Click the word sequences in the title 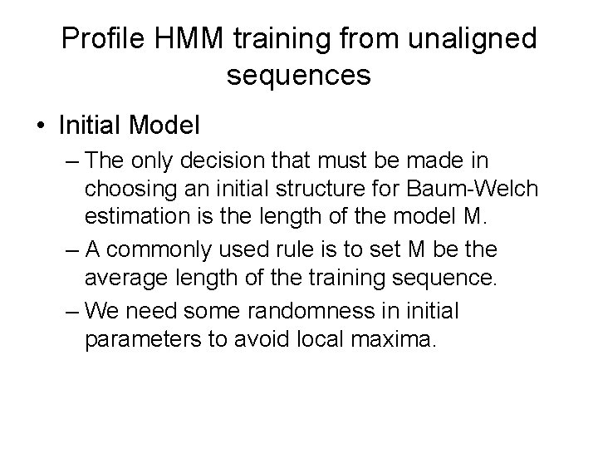point(298,76)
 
